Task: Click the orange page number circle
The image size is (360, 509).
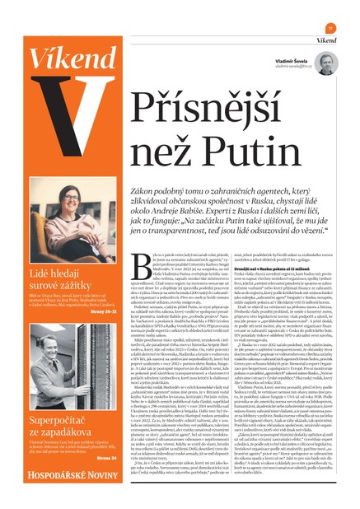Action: tap(330, 27)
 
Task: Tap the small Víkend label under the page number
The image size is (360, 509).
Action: tap(328, 40)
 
